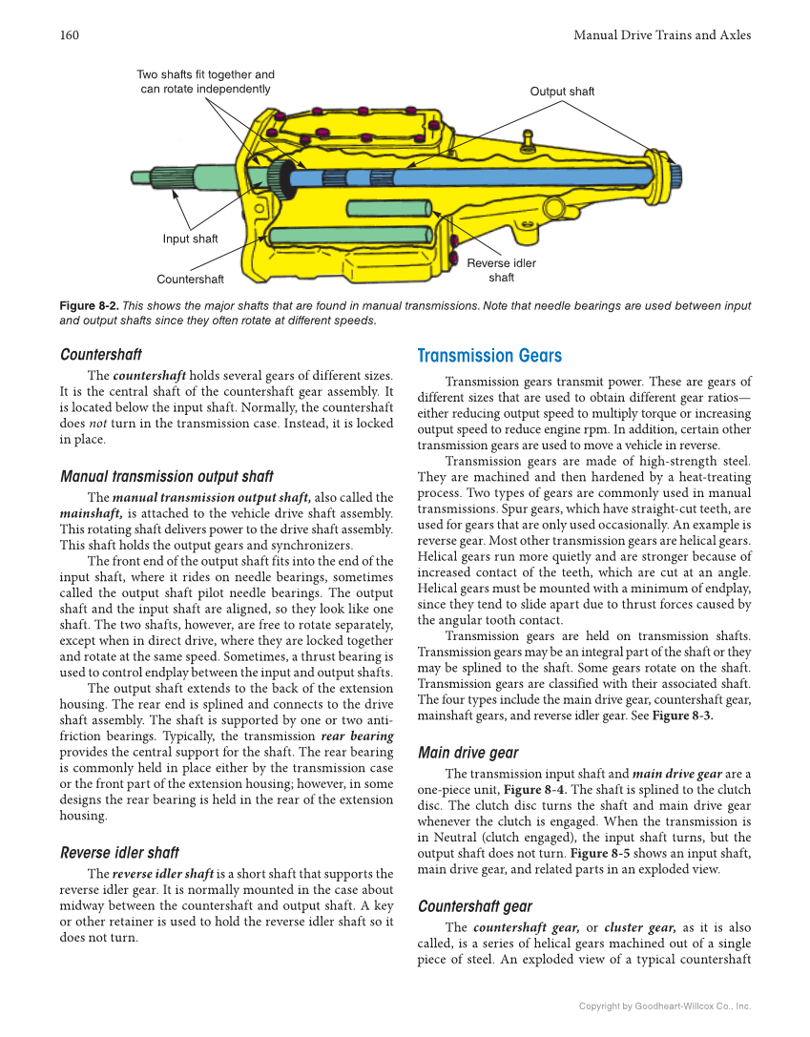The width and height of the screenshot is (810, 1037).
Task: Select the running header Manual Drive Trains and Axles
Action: [661, 35]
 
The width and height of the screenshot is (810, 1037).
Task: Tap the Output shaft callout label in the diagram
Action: [562, 92]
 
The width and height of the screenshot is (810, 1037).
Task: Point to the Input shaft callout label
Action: [190, 239]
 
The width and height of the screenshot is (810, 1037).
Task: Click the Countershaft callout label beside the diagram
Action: [191, 280]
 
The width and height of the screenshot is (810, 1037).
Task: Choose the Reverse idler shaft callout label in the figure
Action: [501, 270]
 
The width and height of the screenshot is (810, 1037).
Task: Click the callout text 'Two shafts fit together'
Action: [205, 74]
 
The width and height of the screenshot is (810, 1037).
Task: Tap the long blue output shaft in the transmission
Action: [496, 177]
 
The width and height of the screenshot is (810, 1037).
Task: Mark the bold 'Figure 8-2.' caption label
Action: [89, 306]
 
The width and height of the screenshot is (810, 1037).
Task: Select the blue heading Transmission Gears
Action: [489, 356]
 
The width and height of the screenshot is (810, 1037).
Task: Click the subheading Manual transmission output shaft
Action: [166, 476]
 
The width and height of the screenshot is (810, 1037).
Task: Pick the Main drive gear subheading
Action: [468, 752]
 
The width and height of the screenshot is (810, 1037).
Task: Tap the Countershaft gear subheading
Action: [475, 906]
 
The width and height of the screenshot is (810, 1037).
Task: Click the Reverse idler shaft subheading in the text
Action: [119, 852]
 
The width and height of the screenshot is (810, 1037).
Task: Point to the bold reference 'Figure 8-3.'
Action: [682, 716]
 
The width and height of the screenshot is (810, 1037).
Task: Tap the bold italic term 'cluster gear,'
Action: [639, 927]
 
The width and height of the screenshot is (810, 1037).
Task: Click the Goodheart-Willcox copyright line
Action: [665, 1006]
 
